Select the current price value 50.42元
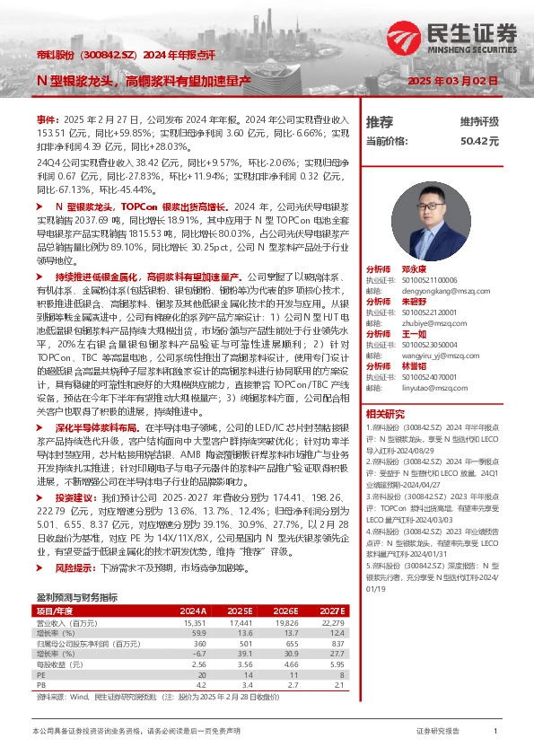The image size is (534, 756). point(479,141)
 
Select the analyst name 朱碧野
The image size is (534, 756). point(414,303)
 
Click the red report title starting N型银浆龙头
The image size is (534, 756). point(143,81)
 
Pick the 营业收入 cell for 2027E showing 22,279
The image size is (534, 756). point(332,597)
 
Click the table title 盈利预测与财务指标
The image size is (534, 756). point(76,572)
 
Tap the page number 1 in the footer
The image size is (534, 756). point(495,732)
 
